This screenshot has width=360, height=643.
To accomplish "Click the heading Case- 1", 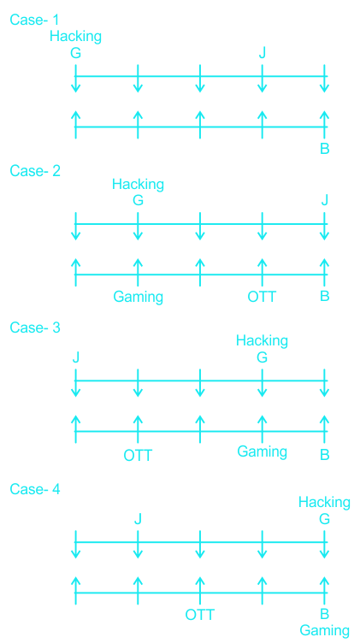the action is point(35,20).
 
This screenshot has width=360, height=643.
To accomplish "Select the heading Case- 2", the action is point(35,171).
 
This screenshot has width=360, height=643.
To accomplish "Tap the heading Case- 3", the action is point(35,327).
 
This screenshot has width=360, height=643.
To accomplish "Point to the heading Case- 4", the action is point(35,489).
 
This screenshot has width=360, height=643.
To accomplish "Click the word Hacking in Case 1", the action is point(75,37).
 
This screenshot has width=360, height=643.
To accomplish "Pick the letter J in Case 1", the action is point(262,53).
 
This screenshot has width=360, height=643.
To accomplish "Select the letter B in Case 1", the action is point(324,149).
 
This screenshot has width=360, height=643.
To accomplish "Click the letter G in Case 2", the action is point(138,201).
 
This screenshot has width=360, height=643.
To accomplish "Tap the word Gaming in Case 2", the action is point(139,297).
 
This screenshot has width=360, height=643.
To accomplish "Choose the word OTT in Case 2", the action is point(262,296).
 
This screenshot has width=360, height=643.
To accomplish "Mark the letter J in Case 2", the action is point(324,201).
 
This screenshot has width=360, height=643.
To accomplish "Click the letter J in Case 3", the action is point(75,357).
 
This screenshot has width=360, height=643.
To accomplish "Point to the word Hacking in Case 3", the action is point(262,341).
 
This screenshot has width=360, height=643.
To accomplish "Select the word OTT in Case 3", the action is point(138,456).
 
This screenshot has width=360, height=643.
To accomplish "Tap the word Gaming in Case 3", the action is point(262,452).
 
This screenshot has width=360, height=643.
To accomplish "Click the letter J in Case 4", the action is point(138,520).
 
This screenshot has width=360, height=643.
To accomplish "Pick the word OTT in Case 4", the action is point(200,615).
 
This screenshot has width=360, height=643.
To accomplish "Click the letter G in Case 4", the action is point(324,520).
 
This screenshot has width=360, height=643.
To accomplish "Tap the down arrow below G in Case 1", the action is point(75,79).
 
